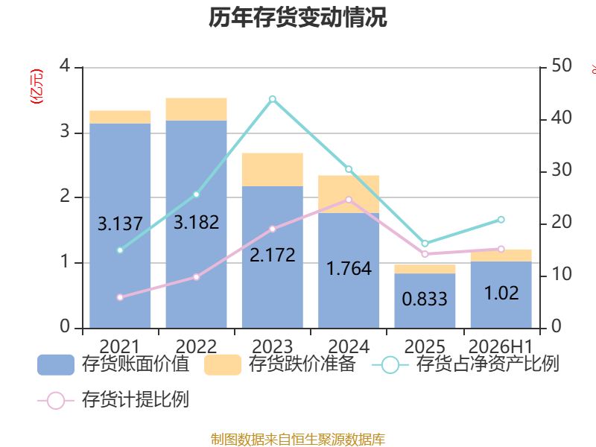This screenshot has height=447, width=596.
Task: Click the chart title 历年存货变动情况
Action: [297, 17]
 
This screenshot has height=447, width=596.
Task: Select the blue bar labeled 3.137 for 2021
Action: [120, 226]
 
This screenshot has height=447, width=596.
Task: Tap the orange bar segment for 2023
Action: [273, 170]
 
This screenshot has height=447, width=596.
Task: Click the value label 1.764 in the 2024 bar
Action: [349, 269]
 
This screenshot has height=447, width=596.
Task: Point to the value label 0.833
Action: [425, 299]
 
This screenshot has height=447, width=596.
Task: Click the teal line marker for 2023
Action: [273, 99]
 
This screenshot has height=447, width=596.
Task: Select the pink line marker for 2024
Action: [349, 200]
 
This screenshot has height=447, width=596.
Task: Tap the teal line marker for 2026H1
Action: [501, 220]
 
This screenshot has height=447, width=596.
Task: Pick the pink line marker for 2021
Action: [120, 297]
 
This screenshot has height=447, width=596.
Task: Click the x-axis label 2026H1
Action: [501, 346]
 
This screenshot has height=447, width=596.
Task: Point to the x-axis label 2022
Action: [196, 346]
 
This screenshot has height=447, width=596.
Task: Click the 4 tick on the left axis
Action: [65, 66]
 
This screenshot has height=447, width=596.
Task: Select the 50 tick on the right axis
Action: [562, 66]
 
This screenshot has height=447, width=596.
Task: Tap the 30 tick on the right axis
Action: [562, 170]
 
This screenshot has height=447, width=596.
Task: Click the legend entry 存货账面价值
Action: [113, 364]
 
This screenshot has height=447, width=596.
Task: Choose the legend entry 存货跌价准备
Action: [280, 364]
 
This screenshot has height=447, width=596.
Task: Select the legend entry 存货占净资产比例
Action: [465, 364]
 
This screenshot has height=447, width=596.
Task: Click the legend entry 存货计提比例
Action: [113, 400]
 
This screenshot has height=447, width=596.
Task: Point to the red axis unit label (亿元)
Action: [37, 86]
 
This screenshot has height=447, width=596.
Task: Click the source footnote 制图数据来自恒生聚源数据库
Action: [297, 440]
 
